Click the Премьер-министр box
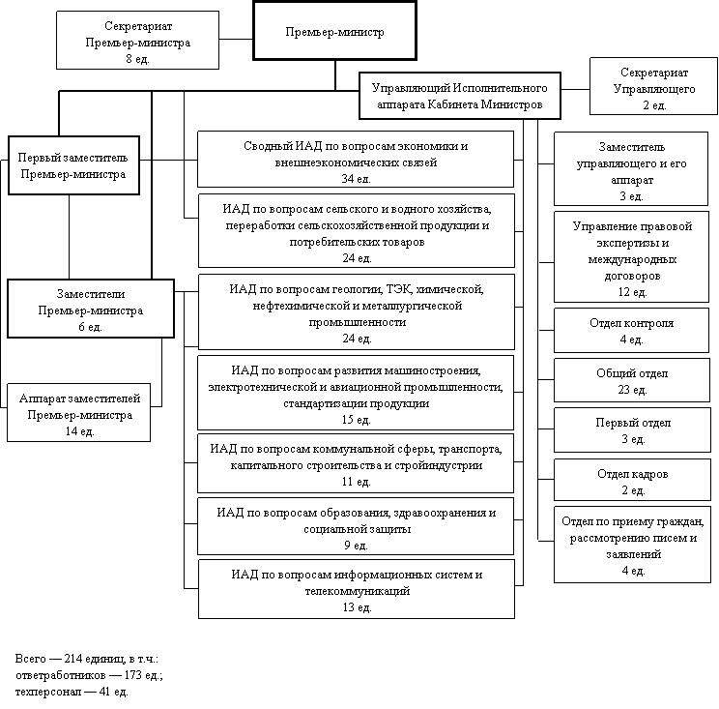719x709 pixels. pyautogui.click(x=334, y=31)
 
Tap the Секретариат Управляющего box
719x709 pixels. pyautogui.click(x=654, y=88)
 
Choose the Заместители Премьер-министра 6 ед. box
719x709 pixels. pyautogui.click(x=91, y=310)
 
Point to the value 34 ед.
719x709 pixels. pyautogui.click(x=356, y=179)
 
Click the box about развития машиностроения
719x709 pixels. pyautogui.click(x=356, y=394)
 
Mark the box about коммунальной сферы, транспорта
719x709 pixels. pyautogui.click(x=356, y=464)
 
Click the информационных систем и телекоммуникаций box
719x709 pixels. pyautogui.click(x=356, y=589)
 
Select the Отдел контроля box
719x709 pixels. pyautogui.click(x=631, y=331)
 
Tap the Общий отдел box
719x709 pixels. pyautogui.click(x=631, y=381)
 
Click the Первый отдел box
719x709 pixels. pyautogui.click(x=631, y=431)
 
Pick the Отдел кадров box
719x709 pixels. pyautogui.click(x=631, y=482)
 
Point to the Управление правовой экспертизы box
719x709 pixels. pyautogui.click(x=631, y=257)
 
